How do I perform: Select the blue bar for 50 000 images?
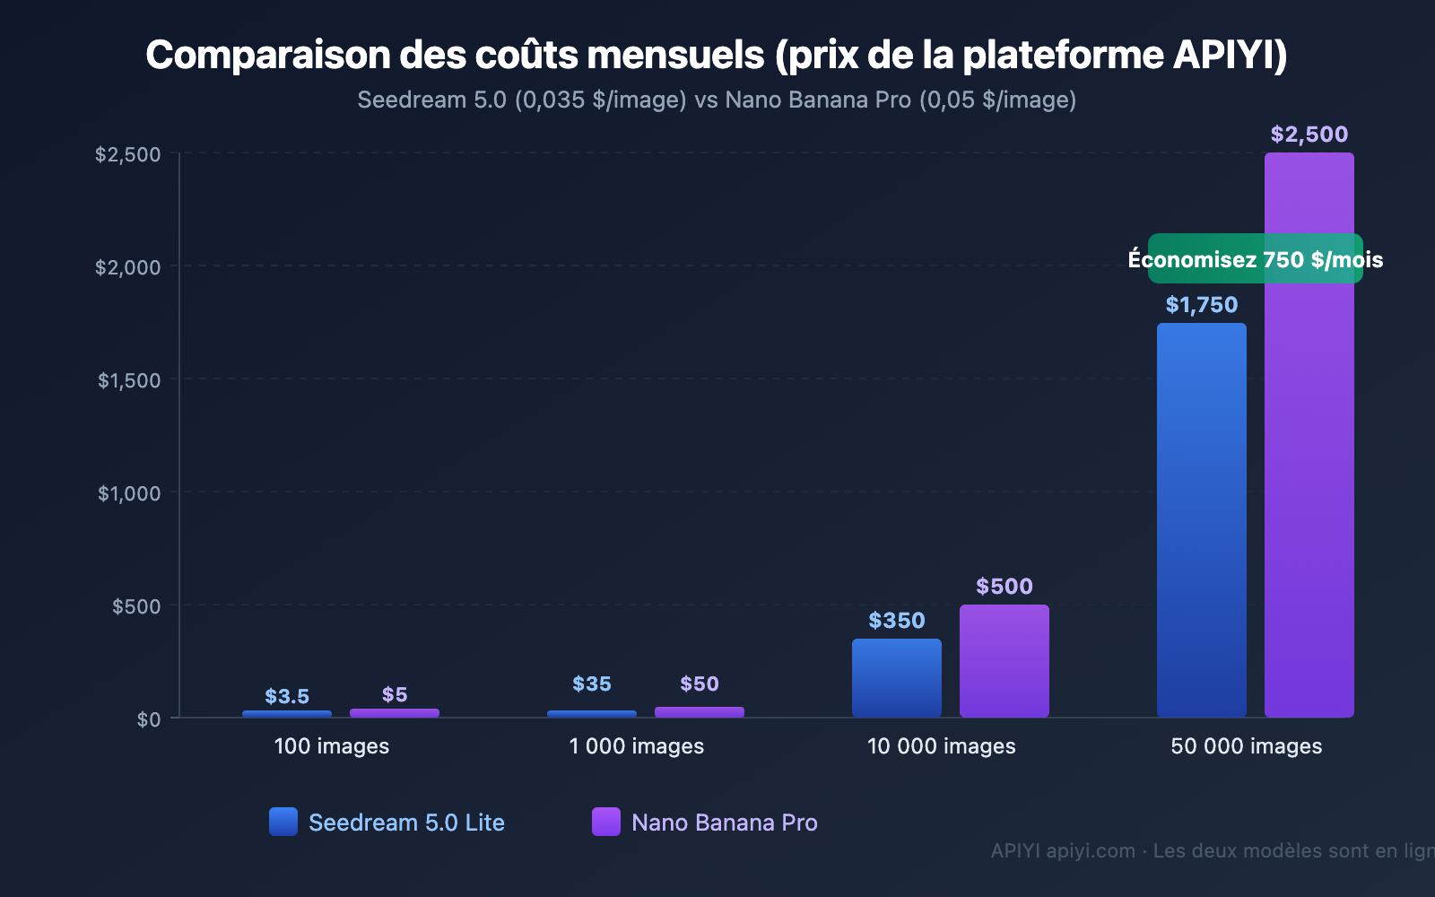(1201, 520)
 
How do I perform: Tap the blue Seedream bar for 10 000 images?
(896, 678)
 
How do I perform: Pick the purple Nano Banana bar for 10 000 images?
(1004, 661)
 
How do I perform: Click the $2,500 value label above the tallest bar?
(1309, 135)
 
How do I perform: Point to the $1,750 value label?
(1201, 305)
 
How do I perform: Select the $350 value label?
(896, 621)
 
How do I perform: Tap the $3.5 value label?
(287, 697)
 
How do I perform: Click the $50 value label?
(699, 684)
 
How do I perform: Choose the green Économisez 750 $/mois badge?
(1255, 259)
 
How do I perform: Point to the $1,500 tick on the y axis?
(129, 380)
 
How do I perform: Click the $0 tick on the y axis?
(149, 719)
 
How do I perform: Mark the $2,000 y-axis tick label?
(128, 267)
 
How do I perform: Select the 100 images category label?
(331, 746)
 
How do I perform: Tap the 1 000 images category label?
(636, 746)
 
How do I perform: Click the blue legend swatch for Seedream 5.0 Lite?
(283, 822)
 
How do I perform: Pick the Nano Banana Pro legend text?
(724, 823)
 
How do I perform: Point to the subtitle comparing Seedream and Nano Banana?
(717, 100)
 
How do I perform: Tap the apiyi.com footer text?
(1090, 850)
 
